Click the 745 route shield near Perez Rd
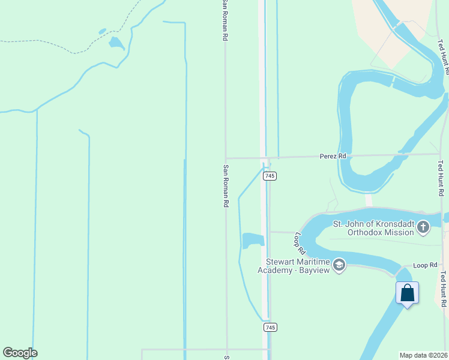[270, 176]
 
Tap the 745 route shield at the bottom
[270, 328]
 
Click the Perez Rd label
[334, 156]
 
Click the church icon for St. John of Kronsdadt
[424, 227]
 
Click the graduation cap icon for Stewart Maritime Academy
[339, 265]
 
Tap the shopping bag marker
[407, 293]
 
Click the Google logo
[20, 353]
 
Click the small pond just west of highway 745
[253, 240]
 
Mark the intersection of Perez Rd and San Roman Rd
[226, 158]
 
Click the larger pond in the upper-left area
[116, 43]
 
